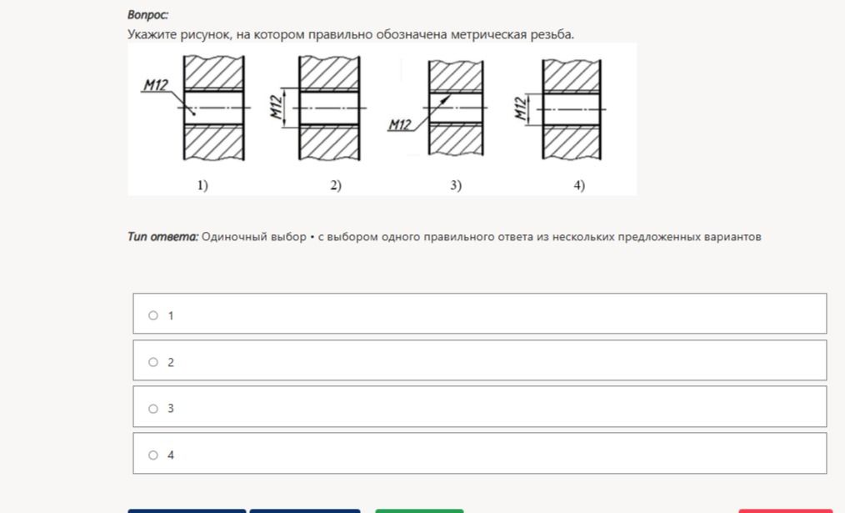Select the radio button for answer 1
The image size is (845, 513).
(153, 315)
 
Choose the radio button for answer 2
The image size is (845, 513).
(153, 362)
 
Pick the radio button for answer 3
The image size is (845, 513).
(153, 409)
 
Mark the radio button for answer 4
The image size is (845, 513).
(153, 455)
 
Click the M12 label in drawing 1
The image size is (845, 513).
(156, 85)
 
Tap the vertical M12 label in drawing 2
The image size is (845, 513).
(277, 107)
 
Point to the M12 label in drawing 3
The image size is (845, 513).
(400, 124)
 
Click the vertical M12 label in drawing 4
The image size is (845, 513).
(520, 108)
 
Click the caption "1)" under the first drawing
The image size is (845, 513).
(202, 185)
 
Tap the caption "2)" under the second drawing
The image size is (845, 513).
(336, 185)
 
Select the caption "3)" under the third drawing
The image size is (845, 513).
(456, 185)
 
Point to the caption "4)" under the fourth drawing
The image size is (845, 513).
(579, 185)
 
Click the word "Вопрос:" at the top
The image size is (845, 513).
(147, 15)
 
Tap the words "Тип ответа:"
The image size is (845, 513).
(162, 237)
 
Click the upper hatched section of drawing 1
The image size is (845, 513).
(214, 73)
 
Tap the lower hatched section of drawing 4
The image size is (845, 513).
(572, 143)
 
